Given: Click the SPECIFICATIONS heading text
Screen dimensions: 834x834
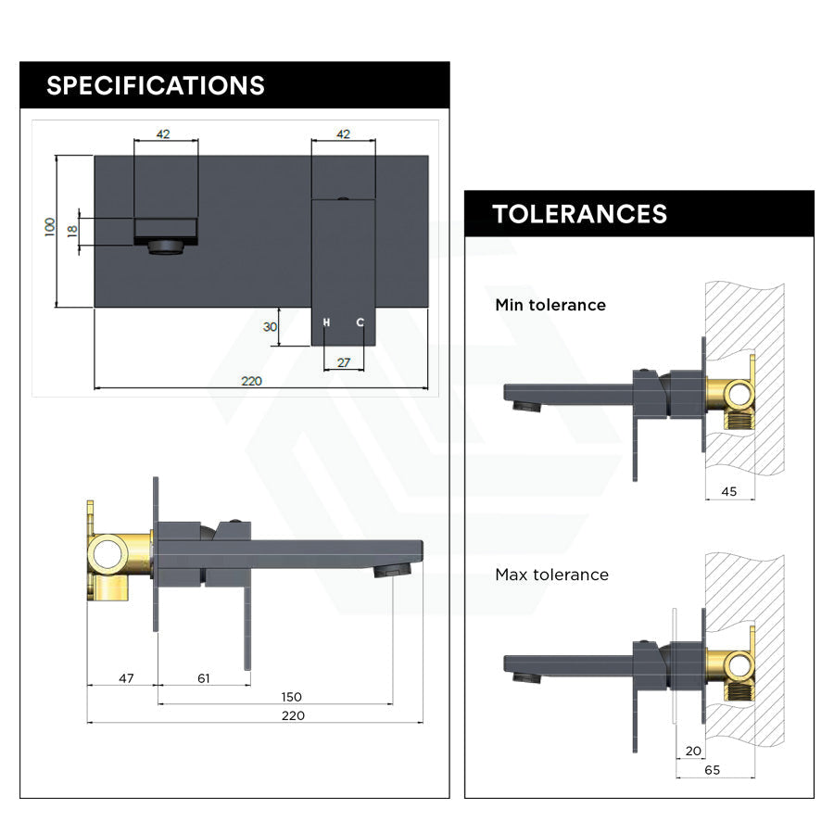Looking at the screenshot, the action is (x=156, y=85).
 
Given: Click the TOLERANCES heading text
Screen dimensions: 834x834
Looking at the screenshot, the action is (x=580, y=214).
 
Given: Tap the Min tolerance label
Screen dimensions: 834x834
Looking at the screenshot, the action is (x=550, y=305).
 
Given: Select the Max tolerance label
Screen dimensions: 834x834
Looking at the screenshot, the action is (x=551, y=575).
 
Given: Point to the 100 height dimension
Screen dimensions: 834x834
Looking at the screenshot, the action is (x=49, y=227).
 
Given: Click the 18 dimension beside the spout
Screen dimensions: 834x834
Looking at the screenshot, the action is (x=72, y=231).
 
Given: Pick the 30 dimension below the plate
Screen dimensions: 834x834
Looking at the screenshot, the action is (x=270, y=326).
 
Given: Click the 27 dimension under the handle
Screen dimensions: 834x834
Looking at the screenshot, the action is (x=344, y=362).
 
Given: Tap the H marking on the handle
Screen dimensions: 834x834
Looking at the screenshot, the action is (x=326, y=322).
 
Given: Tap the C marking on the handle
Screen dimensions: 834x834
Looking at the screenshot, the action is (x=360, y=322).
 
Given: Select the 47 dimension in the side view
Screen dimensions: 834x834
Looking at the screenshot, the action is (x=126, y=678).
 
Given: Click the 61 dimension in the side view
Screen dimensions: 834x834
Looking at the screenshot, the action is (x=203, y=678).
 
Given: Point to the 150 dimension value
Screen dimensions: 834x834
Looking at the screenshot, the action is (x=291, y=697).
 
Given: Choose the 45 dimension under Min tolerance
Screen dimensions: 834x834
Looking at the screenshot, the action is (x=728, y=491).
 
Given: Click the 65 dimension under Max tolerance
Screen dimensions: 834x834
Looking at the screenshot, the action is (x=713, y=770).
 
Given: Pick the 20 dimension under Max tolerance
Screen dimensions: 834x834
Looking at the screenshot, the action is (x=693, y=751).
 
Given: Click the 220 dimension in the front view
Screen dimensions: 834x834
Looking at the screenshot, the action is (x=251, y=381).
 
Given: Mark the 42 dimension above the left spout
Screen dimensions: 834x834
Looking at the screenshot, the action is (x=163, y=134).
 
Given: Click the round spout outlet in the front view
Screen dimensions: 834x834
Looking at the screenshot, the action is (x=166, y=247).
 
